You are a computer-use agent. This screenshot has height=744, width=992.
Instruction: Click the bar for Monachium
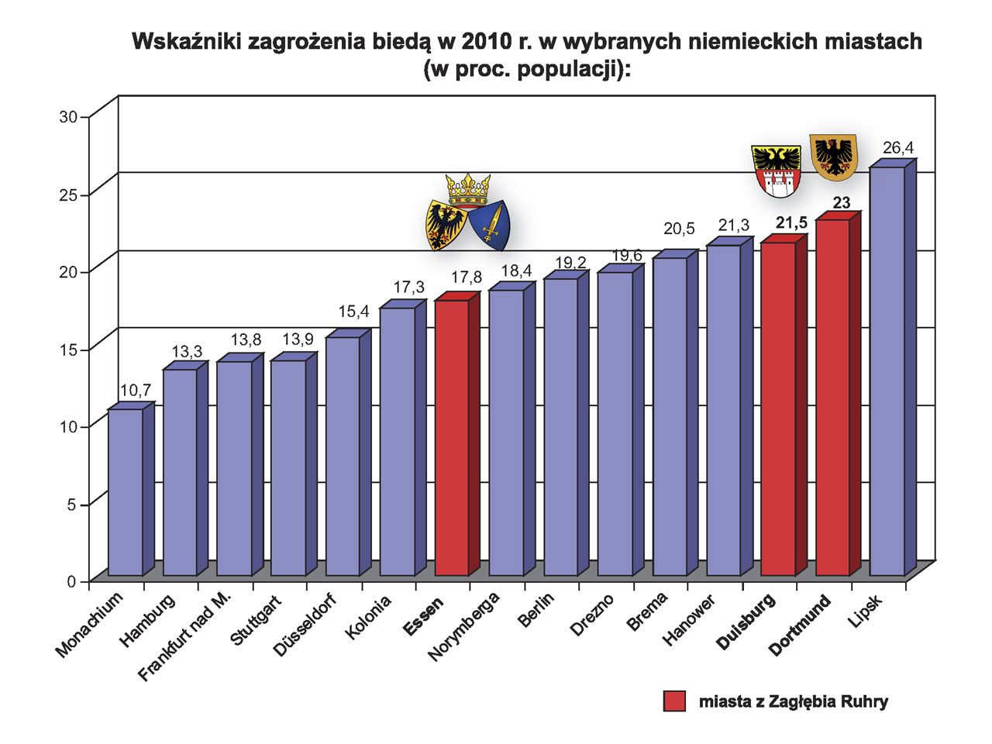(125, 491)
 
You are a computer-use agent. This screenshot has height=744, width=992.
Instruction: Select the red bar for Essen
(452, 437)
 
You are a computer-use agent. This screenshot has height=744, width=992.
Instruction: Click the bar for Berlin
(561, 426)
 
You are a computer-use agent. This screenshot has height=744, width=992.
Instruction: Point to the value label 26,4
(898, 147)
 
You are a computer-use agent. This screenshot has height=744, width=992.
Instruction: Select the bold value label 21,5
(791, 223)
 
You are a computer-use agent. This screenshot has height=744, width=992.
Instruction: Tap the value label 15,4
(353, 312)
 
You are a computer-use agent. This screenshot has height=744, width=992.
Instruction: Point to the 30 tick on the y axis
(69, 117)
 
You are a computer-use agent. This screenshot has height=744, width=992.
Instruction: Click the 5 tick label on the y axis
(71, 505)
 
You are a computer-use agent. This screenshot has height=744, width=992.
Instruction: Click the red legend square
(674, 701)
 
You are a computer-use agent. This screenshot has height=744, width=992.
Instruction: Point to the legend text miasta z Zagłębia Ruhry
(793, 701)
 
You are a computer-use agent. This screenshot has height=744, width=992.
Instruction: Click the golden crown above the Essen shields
(468, 188)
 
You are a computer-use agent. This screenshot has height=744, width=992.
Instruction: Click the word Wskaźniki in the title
(186, 41)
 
